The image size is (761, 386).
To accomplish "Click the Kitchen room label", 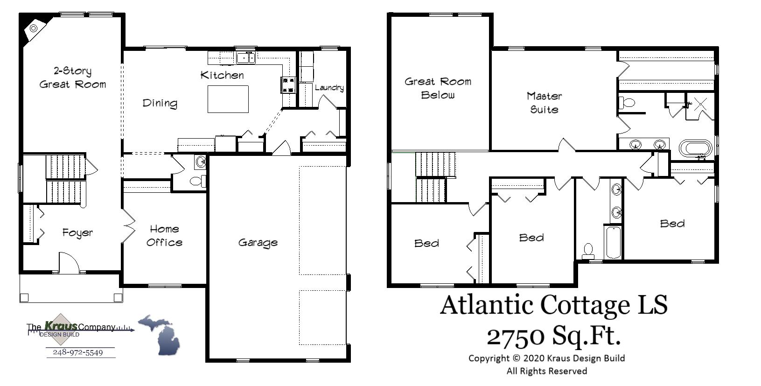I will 222,75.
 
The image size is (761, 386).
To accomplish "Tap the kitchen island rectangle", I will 228,99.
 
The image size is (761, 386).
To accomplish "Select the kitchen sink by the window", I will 245,58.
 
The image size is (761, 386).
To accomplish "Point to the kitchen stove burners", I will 288,84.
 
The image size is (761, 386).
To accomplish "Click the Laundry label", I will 329,88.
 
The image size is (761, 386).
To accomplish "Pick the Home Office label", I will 164,236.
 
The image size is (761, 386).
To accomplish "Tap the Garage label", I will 258,243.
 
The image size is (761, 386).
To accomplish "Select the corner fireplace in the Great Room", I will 34,28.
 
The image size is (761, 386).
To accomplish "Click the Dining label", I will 160,103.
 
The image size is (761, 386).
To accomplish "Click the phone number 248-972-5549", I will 78,352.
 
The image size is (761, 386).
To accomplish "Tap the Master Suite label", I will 544,103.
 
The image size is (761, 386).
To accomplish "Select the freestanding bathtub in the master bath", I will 695,148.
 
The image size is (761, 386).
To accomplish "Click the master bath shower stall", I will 700,106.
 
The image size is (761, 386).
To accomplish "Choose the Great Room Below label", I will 438,88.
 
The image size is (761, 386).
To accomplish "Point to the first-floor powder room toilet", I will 197,181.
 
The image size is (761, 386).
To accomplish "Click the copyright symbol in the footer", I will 516,358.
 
